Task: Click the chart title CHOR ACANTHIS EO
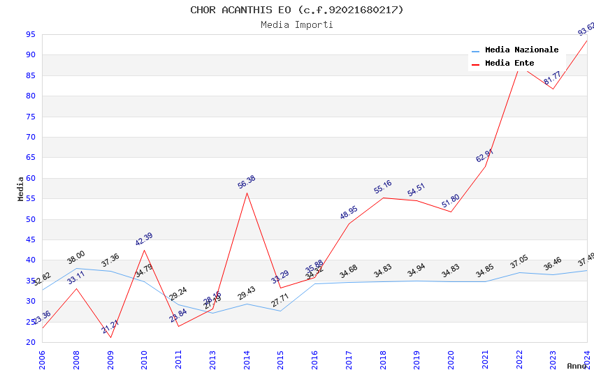point(297,10)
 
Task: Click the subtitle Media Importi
point(297,24)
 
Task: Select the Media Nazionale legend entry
point(521,50)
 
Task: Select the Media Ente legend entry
point(509,63)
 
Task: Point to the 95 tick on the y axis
point(31,34)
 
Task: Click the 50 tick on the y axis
point(31,219)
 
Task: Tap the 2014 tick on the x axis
point(247,360)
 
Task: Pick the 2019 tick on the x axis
point(416,360)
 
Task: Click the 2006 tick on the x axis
point(43,360)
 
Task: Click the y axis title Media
point(21,189)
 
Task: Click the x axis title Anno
point(577,366)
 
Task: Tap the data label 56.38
point(247,182)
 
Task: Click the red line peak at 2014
point(247,193)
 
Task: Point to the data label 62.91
point(484,156)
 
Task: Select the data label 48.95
point(349,212)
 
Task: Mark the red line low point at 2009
point(110,337)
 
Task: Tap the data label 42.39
point(143,239)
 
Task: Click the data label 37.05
point(519,262)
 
